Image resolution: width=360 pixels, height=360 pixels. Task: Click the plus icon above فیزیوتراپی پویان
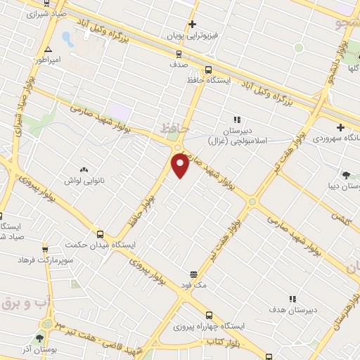pos(191,24)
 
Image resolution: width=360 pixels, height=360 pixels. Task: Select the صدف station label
pos(178,63)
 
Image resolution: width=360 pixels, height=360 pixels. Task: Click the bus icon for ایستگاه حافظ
pos(208,70)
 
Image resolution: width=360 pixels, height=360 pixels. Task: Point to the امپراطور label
pos(48,60)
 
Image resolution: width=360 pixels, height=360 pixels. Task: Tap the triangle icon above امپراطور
pos(48,49)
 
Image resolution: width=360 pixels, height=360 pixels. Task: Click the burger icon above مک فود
pos(193,274)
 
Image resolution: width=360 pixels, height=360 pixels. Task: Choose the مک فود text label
pos(193,285)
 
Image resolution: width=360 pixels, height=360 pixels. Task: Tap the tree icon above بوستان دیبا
pos(346,174)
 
